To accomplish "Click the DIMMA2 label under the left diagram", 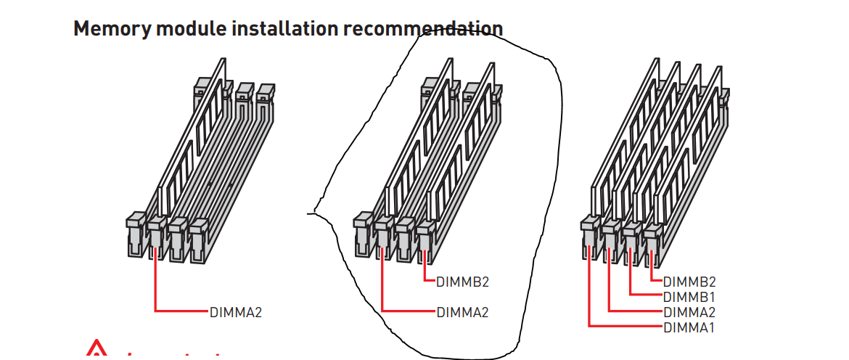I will pyautogui.click(x=236, y=313).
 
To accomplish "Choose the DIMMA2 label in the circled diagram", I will pyautogui.click(x=463, y=313).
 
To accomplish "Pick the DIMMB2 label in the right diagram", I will pyautogui.click(x=689, y=282).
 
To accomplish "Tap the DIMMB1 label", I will pyautogui.click(x=689, y=297).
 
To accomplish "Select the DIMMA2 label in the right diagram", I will pyautogui.click(x=689, y=312).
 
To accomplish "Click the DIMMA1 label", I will pyautogui.click(x=689, y=327).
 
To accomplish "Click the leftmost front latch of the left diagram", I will pyautogui.click(x=135, y=232).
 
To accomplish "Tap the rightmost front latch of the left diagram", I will pyautogui.click(x=196, y=235).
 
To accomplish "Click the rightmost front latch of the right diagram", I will pyautogui.click(x=652, y=237).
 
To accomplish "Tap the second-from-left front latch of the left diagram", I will pyautogui.click(x=155, y=234).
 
